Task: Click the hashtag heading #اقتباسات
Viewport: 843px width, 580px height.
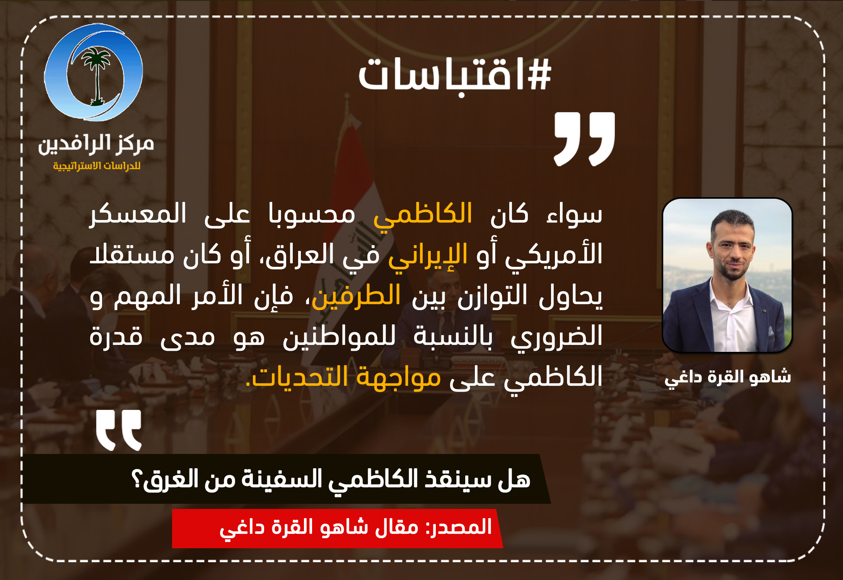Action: pyautogui.click(x=455, y=74)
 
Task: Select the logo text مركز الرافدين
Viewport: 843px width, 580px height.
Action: pyautogui.click(x=96, y=144)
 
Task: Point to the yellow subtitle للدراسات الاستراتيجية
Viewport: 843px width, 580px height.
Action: pyautogui.click(x=97, y=166)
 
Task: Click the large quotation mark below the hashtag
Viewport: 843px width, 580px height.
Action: pyautogui.click(x=584, y=139)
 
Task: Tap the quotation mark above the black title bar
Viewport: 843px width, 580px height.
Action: pyautogui.click(x=119, y=430)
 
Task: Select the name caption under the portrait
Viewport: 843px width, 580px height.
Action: pyautogui.click(x=728, y=377)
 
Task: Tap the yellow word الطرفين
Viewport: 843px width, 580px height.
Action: pyautogui.click(x=356, y=296)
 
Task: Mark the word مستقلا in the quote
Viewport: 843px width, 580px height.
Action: pyautogui.click(x=132, y=255)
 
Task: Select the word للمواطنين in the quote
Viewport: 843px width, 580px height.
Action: pyautogui.click(x=339, y=336)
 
